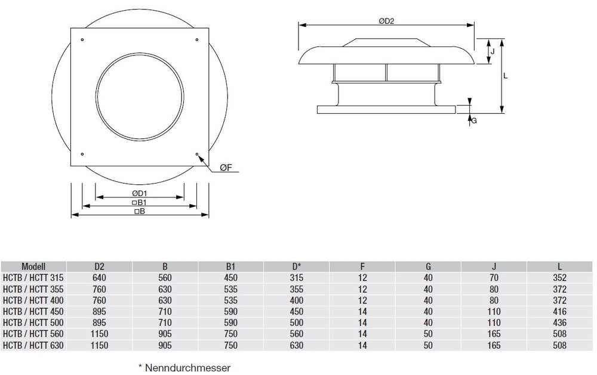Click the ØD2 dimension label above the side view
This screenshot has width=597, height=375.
point(387,20)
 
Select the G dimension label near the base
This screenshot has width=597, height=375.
point(474,121)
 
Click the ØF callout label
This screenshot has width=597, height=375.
point(226,169)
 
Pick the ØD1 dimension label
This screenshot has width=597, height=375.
point(140,194)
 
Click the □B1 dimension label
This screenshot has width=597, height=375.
point(140,203)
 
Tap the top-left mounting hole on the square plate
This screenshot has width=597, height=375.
point(82,40)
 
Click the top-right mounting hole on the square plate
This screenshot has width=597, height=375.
point(197,40)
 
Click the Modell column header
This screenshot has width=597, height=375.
point(33,267)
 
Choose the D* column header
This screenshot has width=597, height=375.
point(297,267)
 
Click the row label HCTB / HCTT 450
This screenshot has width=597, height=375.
point(33,311)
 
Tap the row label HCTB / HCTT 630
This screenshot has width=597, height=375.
point(33,345)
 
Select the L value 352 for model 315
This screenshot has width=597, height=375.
point(559,278)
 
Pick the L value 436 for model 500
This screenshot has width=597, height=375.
point(559,323)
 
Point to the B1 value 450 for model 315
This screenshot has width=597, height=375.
point(230,278)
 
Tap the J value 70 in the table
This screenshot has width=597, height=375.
point(494,278)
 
